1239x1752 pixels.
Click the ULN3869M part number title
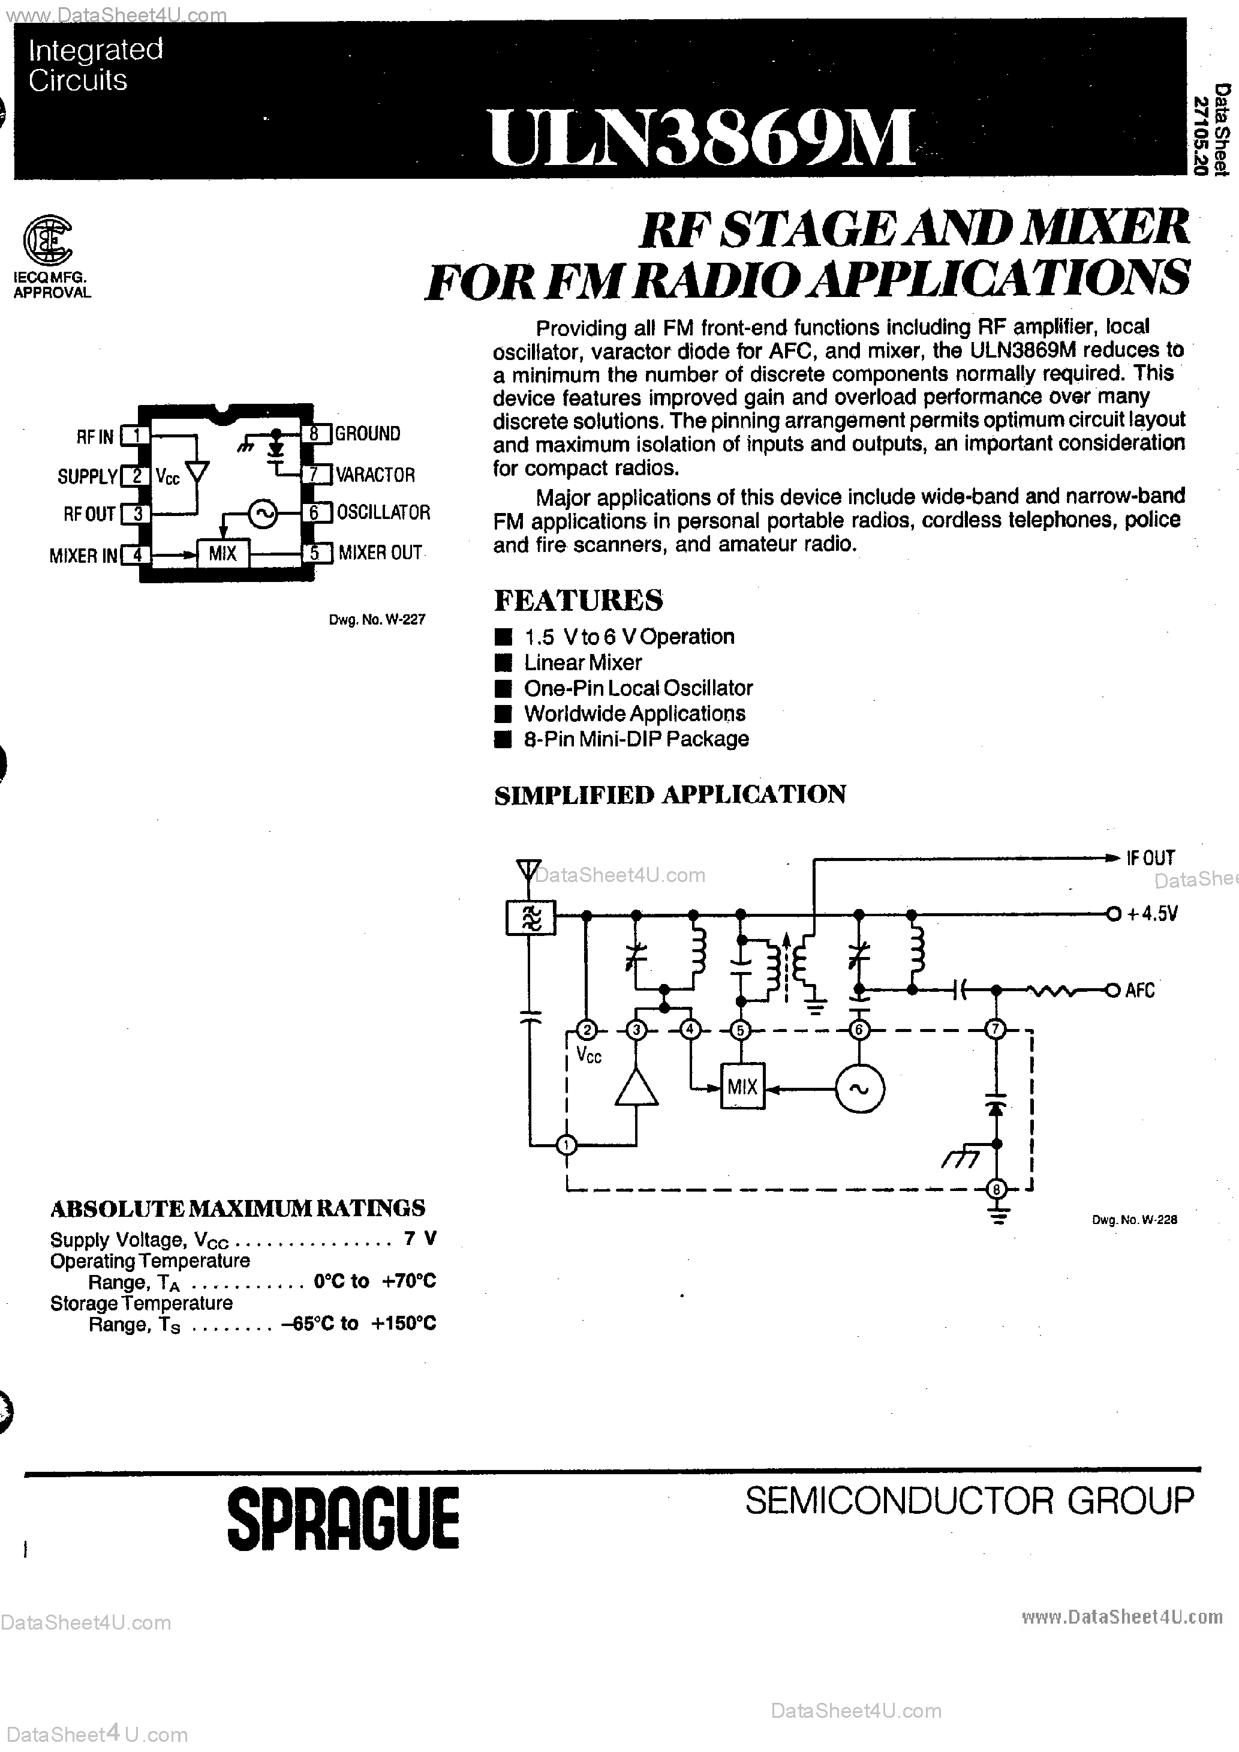pyautogui.click(x=700, y=137)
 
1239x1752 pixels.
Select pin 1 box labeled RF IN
pyautogui.click(x=135, y=436)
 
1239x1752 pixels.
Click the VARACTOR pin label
pyautogui.click(x=375, y=475)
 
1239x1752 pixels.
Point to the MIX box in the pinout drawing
pyautogui.click(x=222, y=553)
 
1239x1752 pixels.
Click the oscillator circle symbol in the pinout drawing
pyautogui.click(x=264, y=514)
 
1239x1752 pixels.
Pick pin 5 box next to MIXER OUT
pyautogui.click(x=314, y=553)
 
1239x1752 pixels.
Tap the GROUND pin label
pyautogui.click(x=368, y=433)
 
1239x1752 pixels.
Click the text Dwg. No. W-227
pyautogui.click(x=377, y=620)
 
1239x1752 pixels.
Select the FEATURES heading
pyautogui.click(x=578, y=600)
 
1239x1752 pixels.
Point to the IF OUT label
pyautogui.click(x=1150, y=857)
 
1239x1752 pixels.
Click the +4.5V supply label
pyautogui.click(x=1152, y=913)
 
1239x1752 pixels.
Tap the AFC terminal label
pyautogui.click(x=1140, y=991)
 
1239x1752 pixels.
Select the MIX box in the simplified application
pyautogui.click(x=742, y=1087)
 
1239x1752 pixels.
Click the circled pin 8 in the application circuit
pyautogui.click(x=996, y=1188)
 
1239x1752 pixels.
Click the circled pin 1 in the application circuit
pyautogui.click(x=566, y=1145)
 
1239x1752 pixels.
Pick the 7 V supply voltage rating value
pyautogui.click(x=420, y=1238)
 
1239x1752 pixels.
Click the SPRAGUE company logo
pyautogui.click(x=343, y=1518)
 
